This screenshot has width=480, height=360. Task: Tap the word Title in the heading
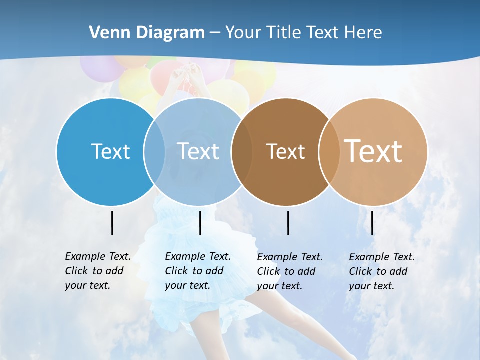pyautogui.click(x=284, y=33)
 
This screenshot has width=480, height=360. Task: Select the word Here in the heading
pyautogui.click(x=362, y=33)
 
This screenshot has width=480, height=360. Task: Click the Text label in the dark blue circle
pyautogui.click(x=110, y=151)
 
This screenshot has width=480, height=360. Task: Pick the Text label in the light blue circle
pyautogui.click(x=198, y=151)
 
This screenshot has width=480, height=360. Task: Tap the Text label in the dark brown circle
pyautogui.click(x=285, y=151)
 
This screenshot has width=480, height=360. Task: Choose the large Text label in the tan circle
pyautogui.click(x=373, y=151)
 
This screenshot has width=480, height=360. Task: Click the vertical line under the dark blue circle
pyautogui.click(x=112, y=223)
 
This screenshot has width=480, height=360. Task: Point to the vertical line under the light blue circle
pyautogui.click(x=200, y=223)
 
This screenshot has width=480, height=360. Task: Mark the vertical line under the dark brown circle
pyautogui.click(x=288, y=223)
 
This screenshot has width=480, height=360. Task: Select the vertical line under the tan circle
pyautogui.click(x=372, y=223)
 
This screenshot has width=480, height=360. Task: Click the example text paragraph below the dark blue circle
pyautogui.click(x=97, y=271)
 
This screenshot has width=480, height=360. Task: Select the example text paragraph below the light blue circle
pyautogui.click(x=197, y=271)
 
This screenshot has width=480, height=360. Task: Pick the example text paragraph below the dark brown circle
pyautogui.click(x=289, y=271)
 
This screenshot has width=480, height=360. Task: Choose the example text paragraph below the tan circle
pyautogui.click(x=381, y=271)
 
